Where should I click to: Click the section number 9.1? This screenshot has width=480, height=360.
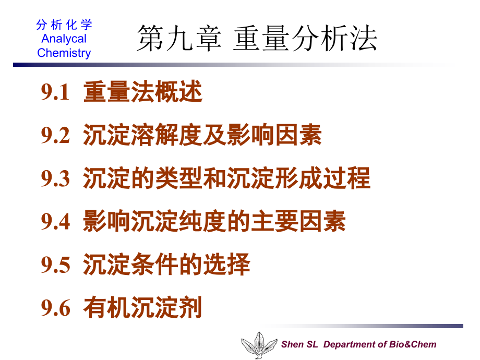pyautogui.click(x=55, y=93)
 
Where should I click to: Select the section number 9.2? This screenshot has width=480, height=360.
pyautogui.click(x=55, y=136)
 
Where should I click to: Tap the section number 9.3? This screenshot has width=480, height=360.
pyautogui.click(x=55, y=179)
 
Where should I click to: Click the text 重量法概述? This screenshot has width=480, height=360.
pyautogui.click(x=142, y=93)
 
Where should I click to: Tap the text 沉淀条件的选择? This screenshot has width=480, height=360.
pyautogui.click(x=166, y=265)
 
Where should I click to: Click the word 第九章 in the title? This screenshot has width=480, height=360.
pyautogui.click(x=178, y=40)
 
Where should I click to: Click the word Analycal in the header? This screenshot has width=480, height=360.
pyautogui.click(x=64, y=39)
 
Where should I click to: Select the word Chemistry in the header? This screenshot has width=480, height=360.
pyautogui.click(x=64, y=53)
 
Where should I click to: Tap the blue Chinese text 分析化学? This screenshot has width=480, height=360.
pyautogui.click(x=64, y=25)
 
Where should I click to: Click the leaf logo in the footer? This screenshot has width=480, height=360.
pyautogui.click(x=259, y=345)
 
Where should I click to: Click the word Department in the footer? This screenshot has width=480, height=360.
pyautogui.click(x=350, y=344)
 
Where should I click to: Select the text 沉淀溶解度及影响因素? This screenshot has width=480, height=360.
pyautogui.click(x=202, y=136)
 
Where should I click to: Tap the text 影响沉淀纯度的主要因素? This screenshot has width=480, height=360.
pyautogui.click(x=214, y=222)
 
